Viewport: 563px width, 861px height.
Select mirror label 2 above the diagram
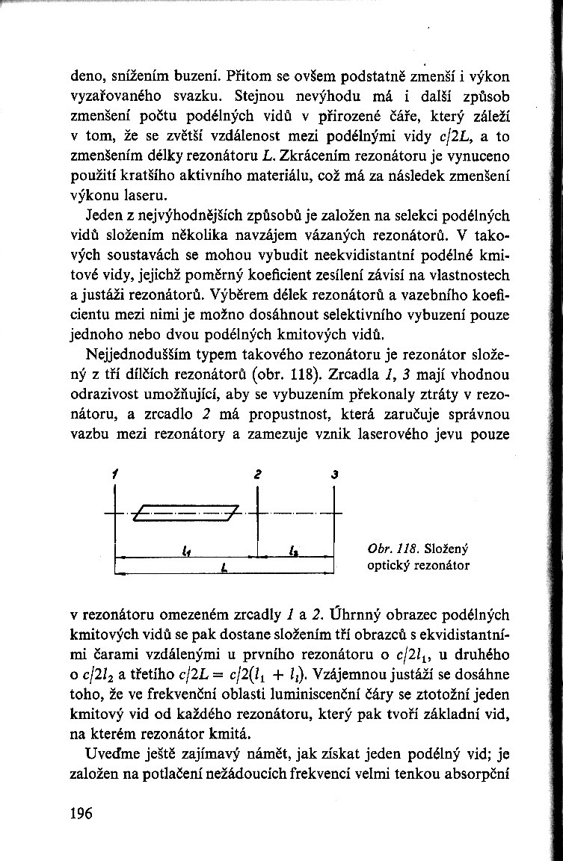[x=256, y=474]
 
